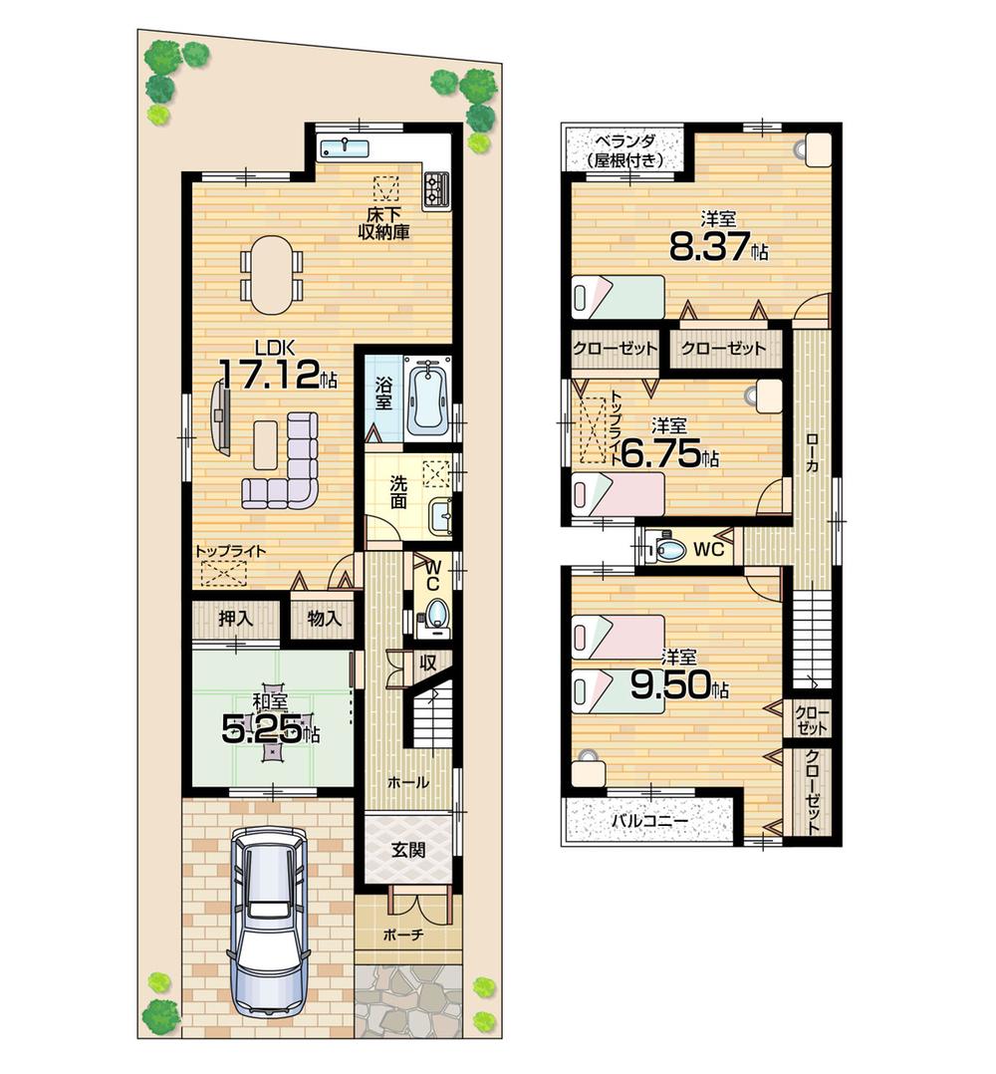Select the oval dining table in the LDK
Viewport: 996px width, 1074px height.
point(270,273)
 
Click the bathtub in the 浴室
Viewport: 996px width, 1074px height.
point(429,398)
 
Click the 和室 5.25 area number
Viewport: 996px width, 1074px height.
point(263,732)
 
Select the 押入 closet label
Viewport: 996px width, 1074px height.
point(235,618)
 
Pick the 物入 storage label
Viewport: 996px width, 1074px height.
point(324,618)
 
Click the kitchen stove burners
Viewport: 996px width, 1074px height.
point(436,186)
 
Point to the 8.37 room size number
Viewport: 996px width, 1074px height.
point(710,246)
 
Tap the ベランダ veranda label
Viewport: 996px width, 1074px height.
point(624,147)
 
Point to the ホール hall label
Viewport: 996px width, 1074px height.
point(408,783)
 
